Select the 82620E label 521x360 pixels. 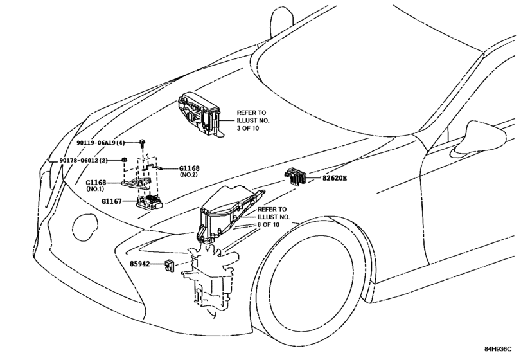[334, 177]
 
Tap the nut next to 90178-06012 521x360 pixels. [123, 160]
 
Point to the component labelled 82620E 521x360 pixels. [296, 177]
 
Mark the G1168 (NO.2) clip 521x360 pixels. [152, 168]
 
